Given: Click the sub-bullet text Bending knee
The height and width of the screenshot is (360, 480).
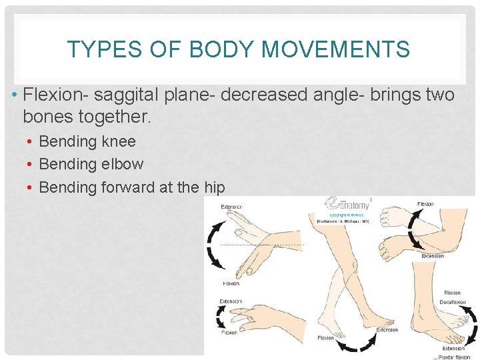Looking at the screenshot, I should pyautogui.click(x=87, y=141).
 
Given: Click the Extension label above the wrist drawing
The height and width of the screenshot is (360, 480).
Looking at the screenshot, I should pyautogui.click(x=233, y=207).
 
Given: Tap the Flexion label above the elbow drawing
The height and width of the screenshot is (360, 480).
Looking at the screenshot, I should pyautogui.click(x=425, y=204).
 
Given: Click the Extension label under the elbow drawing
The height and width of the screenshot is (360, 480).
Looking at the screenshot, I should pyautogui.click(x=432, y=256).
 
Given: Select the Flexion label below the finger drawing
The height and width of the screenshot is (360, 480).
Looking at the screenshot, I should pyautogui.click(x=229, y=331).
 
